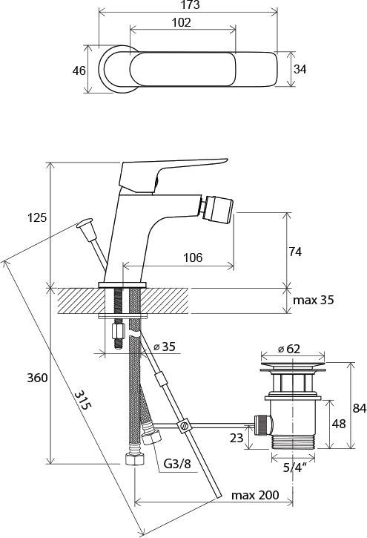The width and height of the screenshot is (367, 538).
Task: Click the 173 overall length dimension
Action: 191,4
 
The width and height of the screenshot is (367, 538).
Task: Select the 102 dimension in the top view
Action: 181,23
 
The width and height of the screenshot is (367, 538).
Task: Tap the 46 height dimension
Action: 79,70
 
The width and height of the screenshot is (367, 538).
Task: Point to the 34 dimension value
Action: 300,69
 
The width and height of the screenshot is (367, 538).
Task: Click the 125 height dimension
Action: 36,217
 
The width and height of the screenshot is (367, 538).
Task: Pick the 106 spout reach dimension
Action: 193,257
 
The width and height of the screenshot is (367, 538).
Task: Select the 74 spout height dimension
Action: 294,252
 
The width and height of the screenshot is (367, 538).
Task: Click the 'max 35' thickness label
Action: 313,301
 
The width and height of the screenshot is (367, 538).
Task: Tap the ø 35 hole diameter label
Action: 164,347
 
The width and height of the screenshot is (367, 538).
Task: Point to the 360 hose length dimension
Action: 37,378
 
